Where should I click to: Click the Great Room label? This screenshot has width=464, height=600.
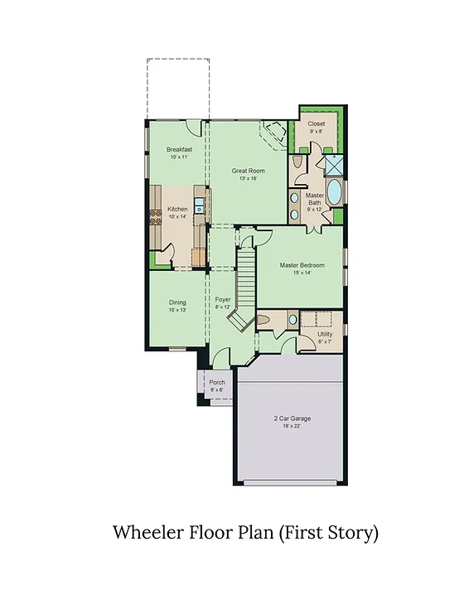[x=248, y=171]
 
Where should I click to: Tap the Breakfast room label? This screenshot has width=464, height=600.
[x=179, y=149]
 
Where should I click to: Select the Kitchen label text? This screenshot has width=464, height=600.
[x=177, y=209]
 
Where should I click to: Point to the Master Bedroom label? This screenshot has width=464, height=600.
[x=302, y=265]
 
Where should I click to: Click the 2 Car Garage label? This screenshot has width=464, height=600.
[x=292, y=419]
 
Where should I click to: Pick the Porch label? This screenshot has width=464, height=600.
[x=217, y=382]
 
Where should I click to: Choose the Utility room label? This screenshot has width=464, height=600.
[x=325, y=334]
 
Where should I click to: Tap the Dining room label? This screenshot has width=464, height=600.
[x=177, y=302]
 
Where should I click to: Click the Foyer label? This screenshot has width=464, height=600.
[x=223, y=299]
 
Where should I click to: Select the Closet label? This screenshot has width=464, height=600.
[x=317, y=123]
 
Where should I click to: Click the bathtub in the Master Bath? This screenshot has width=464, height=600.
[x=335, y=191]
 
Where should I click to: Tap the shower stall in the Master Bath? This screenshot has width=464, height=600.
[x=334, y=165]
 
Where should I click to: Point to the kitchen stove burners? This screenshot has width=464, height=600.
[x=156, y=217]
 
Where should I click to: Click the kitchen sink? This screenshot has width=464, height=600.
[x=200, y=206]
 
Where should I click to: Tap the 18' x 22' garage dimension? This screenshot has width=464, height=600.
[x=292, y=426]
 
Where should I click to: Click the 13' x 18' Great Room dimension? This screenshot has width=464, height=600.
[x=248, y=178]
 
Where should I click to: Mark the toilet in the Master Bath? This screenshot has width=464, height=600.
[x=297, y=162]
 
